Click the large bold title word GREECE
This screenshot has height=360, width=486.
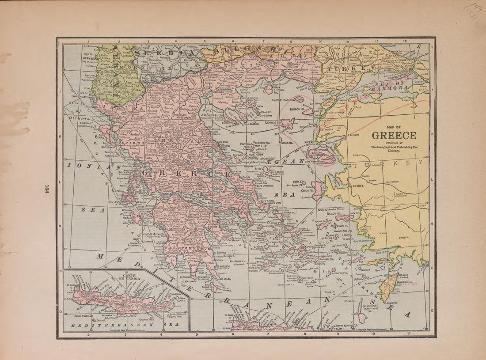pos(394,136)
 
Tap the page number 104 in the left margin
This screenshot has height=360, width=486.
pos(46,189)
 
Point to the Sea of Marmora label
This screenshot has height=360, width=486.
pos(395,84)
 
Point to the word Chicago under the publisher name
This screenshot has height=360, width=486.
pos(394,151)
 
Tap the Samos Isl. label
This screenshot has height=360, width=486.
pos(334,213)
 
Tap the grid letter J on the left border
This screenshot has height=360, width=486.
pos(60,91)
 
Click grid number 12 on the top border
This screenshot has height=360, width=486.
pos(405,41)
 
